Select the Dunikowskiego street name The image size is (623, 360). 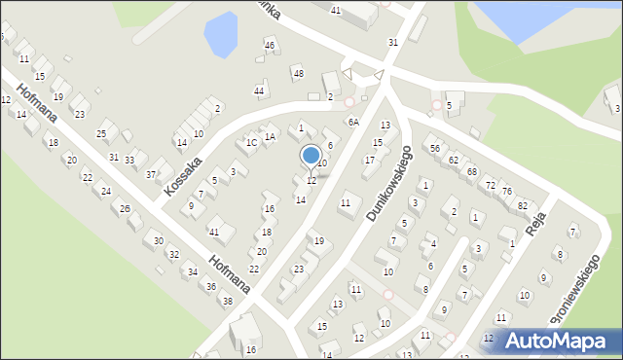(390, 183)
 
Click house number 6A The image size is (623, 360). (353, 123)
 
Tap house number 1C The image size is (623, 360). (250, 143)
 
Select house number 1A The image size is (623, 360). (270, 137)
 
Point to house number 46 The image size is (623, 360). (270, 46)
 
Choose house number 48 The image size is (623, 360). (298, 74)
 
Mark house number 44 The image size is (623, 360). (259, 91)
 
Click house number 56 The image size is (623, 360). (435, 147)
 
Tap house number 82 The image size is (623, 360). (523, 205)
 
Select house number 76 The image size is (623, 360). (507, 192)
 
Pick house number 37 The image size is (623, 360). (151, 175)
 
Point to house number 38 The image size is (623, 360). (227, 302)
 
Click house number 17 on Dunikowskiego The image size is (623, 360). (369, 160)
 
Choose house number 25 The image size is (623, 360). (101, 133)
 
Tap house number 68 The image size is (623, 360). (471, 171)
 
